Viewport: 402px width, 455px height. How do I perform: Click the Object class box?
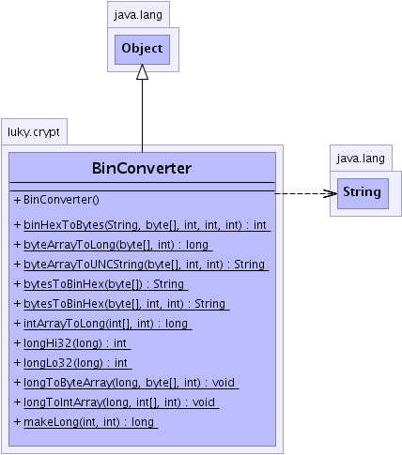click(x=142, y=50)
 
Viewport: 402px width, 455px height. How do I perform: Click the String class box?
click(x=363, y=193)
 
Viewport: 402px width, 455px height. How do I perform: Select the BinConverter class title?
click(x=142, y=168)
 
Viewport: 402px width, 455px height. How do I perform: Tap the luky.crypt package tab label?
click(x=34, y=131)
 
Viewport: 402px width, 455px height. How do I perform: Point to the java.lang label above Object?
click(x=138, y=14)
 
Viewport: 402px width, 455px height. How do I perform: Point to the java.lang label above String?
click(x=361, y=159)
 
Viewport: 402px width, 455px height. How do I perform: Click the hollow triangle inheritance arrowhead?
click(x=142, y=72)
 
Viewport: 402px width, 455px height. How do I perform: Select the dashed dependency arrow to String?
click(x=306, y=193)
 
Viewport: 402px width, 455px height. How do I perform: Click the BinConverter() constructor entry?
click(x=56, y=200)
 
